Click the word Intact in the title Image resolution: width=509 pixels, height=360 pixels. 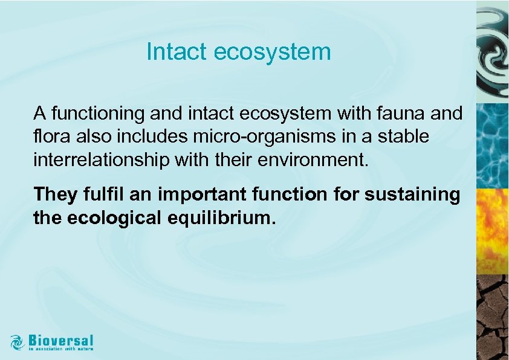coord(172,52)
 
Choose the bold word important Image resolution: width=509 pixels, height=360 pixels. coord(199,194)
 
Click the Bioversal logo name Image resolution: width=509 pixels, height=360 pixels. coord(60,339)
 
